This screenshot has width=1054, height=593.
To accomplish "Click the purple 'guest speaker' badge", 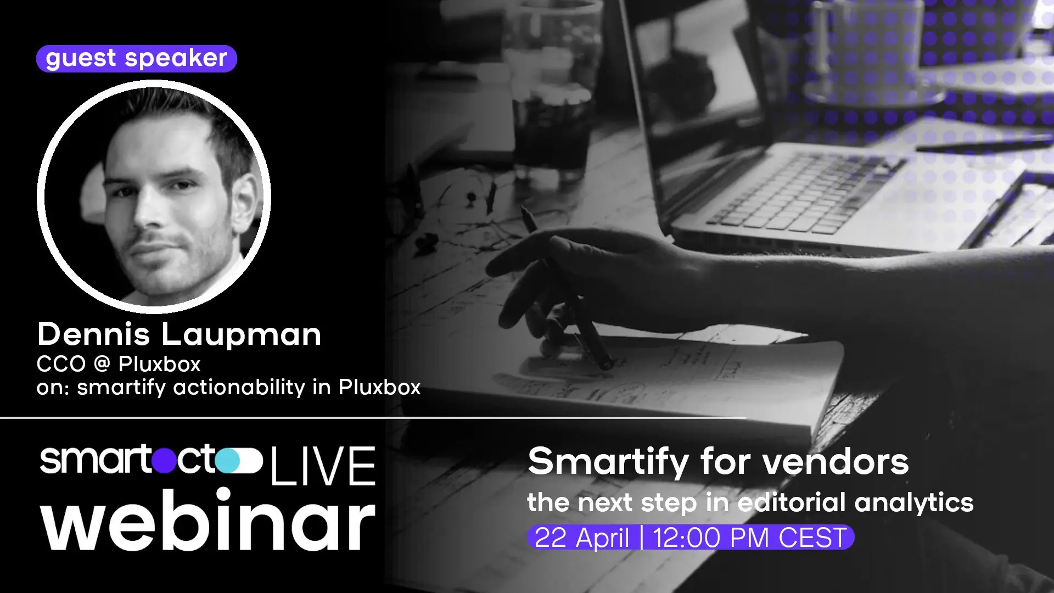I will tap(136, 58).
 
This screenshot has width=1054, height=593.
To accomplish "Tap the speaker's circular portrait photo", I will tap(154, 197).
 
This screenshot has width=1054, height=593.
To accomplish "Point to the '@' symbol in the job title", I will tap(102, 364).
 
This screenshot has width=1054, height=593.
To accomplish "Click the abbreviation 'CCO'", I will tap(61, 364).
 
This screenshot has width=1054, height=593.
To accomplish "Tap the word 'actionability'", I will tap(239, 387).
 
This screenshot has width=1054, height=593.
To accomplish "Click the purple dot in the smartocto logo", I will tap(164, 460).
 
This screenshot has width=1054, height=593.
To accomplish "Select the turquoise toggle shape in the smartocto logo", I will tap(239, 460).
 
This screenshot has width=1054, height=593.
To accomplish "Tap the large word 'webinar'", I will tap(208, 521).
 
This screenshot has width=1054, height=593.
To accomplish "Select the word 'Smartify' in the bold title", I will tap(608, 462).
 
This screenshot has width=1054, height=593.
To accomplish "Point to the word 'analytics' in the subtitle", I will tap(913, 503).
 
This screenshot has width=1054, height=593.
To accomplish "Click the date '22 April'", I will tap(581, 538).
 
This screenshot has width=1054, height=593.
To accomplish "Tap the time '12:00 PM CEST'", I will tap(749, 538).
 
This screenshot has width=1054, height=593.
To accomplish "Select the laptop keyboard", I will tap(801, 192).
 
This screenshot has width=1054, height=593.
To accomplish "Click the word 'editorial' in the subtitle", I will tap(791, 502).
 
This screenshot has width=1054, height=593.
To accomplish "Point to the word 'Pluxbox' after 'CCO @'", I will tap(160, 364).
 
